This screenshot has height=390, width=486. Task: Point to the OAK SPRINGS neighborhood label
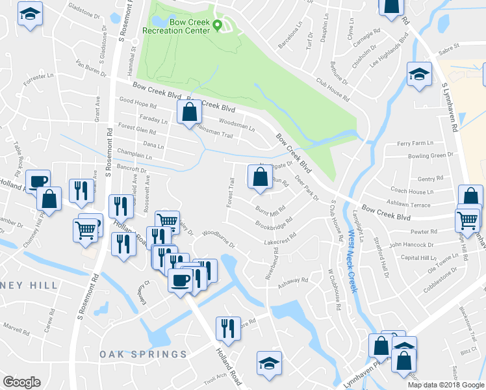click(144, 354)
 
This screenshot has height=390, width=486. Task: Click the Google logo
click(22, 382)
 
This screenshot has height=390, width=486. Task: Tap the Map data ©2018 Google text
click(446, 385)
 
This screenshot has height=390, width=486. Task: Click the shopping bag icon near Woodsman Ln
click(188, 112)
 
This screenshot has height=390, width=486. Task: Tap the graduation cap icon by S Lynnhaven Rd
click(419, 74)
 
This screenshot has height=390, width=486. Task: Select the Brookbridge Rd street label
click(274, 223)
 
